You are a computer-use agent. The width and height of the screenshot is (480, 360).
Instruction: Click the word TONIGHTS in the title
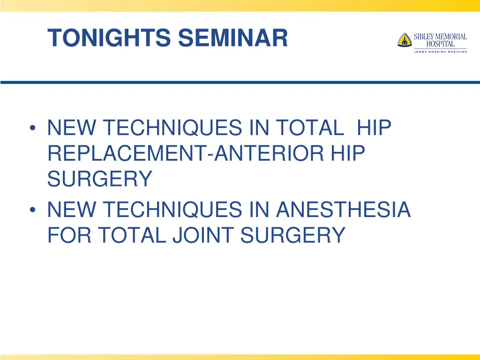pos(109,38)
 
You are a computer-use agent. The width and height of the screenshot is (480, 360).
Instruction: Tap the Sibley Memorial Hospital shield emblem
pos(404,40)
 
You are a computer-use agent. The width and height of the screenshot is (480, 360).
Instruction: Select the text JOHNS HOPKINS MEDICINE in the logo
pos(440,52)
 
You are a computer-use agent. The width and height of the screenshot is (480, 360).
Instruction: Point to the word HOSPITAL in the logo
pos(440,44)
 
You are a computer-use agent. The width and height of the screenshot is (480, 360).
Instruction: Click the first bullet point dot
pos(32,128)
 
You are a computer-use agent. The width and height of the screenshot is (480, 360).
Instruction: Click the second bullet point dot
pos(32,210)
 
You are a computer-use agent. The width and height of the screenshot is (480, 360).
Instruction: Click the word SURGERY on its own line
pos(99,179)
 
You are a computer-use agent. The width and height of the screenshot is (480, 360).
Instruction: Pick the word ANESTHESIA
pos(344,210)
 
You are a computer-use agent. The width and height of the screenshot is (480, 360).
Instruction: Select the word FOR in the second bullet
pos(68,235)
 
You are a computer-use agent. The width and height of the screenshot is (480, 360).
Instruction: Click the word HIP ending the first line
pos(374,128)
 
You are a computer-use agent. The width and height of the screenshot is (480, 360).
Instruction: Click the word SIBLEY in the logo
pos(425,37)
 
